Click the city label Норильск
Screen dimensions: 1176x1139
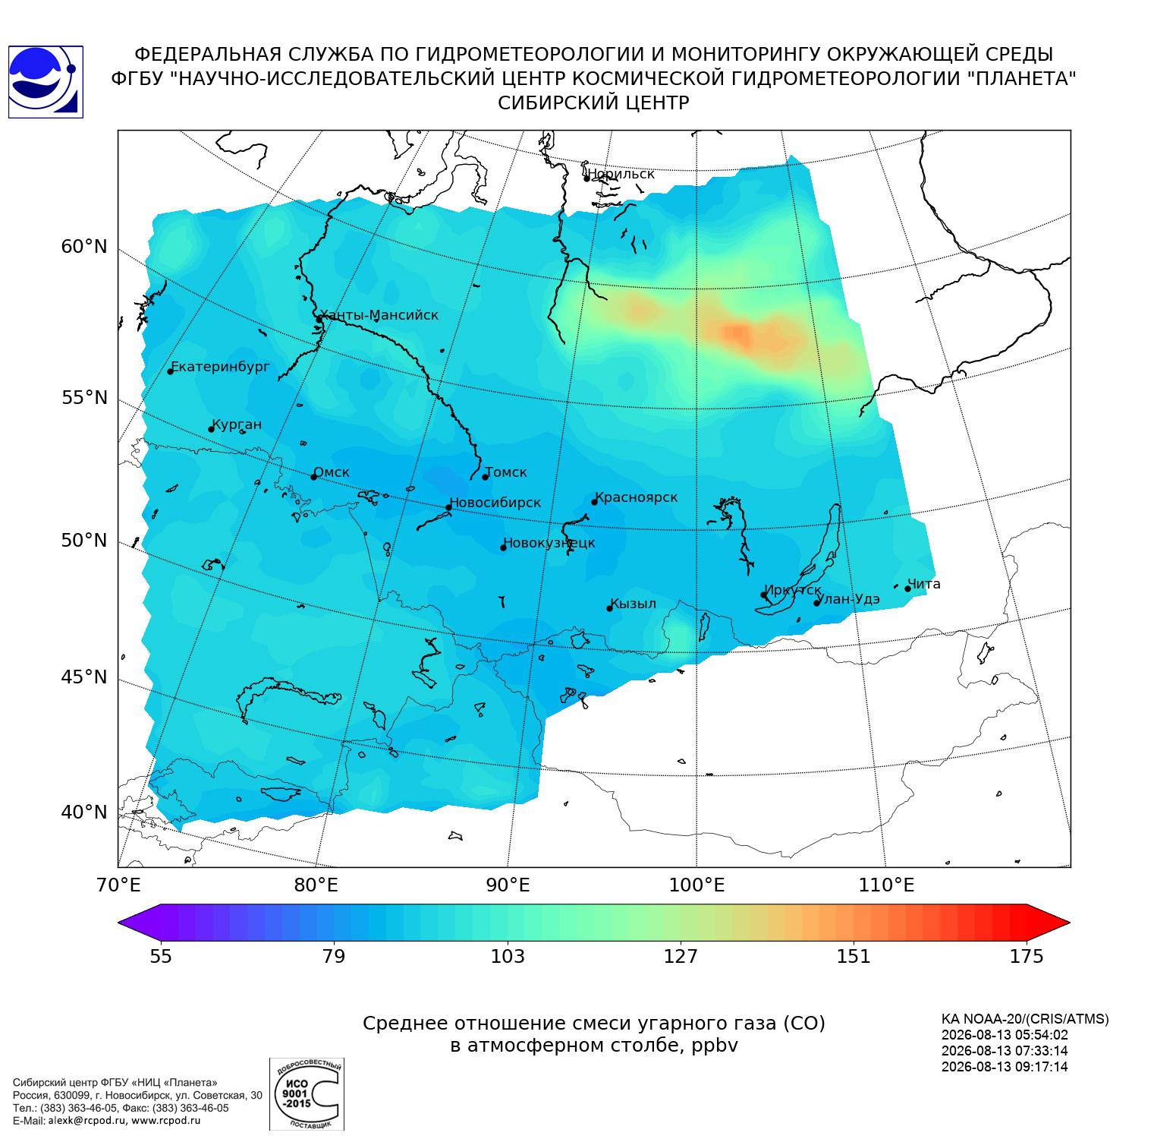coord(621,174)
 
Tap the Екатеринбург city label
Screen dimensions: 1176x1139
coord(221,367)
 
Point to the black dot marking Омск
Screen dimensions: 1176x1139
coord(313,477)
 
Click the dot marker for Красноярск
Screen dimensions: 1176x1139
coord(595,502)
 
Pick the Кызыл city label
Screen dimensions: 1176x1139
coord(634,604)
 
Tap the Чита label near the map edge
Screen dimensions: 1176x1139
coord(924,584)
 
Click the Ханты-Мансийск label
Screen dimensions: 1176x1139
coord(379,315)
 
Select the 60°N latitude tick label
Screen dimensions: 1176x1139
coord(84,247)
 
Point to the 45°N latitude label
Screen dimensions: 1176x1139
coord(84,677)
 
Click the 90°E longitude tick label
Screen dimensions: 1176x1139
coord(508,885)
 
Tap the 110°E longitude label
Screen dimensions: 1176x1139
coord(886,885)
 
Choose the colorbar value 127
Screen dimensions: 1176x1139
coord(681,956)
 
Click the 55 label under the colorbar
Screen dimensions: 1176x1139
coord(161,956)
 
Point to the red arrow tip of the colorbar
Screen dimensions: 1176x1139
coord(1069,923)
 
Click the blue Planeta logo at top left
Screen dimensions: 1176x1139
coord(45,82)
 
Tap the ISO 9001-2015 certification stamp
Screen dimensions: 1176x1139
coord(307,1094)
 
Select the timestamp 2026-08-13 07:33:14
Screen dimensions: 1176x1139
coord(1005,1051)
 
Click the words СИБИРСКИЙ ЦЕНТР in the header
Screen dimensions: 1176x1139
coord(593,103)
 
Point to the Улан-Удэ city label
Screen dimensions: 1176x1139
coord(850,599)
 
